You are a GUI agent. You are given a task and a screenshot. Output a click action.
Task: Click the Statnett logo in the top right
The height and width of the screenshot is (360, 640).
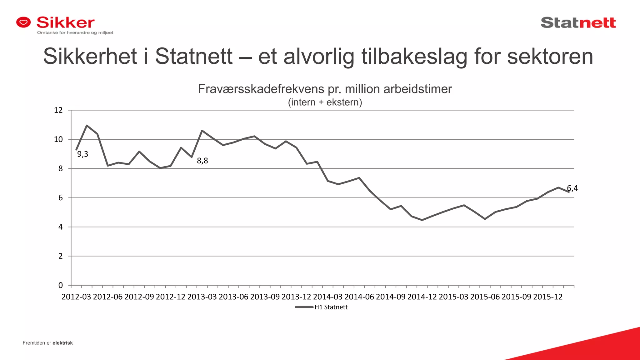coord(578,23)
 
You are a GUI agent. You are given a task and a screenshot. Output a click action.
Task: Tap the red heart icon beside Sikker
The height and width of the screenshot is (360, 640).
coord(24,22)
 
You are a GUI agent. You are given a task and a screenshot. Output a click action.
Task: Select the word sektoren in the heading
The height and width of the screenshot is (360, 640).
coord(550,57)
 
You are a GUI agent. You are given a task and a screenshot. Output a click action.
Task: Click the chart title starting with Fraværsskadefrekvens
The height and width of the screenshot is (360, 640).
coord(325,89)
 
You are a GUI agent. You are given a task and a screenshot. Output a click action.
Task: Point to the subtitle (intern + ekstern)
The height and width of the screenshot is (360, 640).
coord(325,102)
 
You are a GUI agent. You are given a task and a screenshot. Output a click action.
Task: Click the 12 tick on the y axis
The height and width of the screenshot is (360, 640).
coord(58,110)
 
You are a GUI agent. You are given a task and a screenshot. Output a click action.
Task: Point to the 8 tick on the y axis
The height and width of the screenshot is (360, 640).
coord(60,169)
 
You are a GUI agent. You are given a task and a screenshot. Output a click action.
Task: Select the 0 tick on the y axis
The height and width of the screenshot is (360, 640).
coord(60,285)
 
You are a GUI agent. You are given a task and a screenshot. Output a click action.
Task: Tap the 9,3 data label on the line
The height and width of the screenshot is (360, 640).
coord(82,154)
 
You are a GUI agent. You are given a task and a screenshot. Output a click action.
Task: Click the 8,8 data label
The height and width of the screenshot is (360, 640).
coord(202,161)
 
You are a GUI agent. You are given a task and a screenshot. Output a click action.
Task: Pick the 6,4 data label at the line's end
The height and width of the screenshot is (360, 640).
coord(572,188)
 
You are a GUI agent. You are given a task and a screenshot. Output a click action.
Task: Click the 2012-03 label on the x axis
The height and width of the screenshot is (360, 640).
coord(76,297)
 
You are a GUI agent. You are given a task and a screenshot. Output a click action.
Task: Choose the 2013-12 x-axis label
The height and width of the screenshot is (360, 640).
coord(296,297)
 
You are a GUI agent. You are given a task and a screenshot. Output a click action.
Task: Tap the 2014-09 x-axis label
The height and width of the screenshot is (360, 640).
coord(391,297)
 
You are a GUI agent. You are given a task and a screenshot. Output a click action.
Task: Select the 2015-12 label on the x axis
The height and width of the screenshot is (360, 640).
coord(547,297)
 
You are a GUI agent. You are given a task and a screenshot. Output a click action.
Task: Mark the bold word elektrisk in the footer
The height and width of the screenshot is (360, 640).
coord(62,343)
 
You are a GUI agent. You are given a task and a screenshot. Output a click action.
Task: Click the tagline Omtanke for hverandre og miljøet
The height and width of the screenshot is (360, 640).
coord(75,32)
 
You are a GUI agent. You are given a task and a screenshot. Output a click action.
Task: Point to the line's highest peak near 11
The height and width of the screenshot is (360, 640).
coord(87,125)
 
